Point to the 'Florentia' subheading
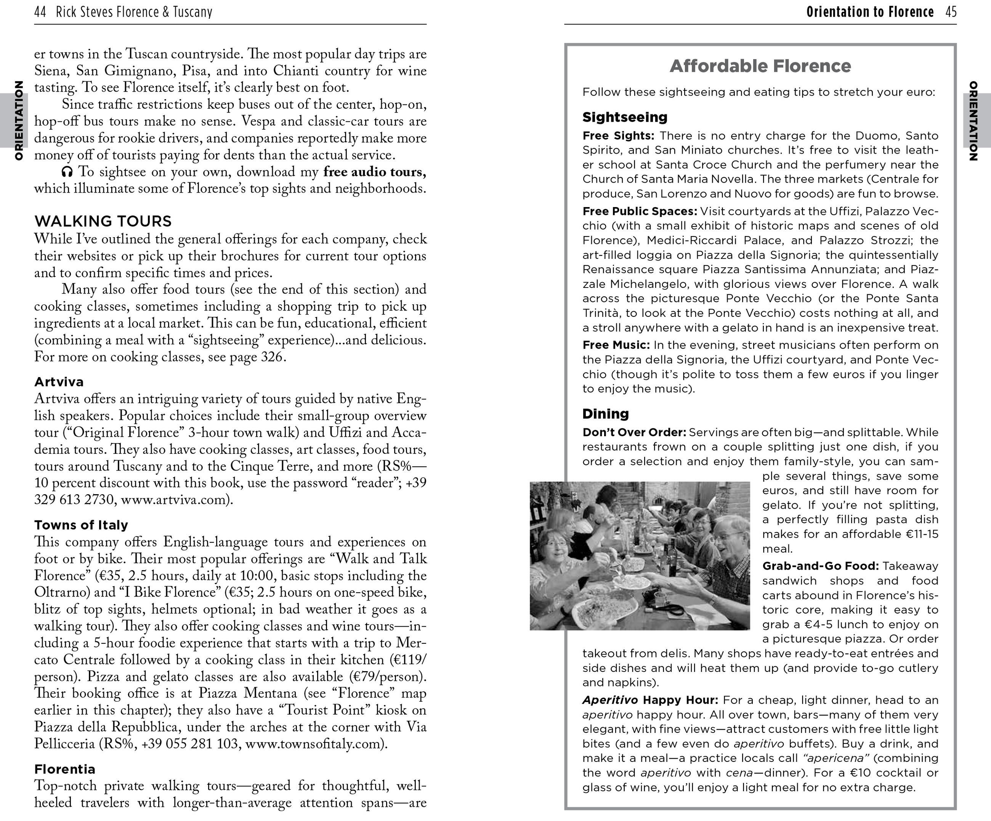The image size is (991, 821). (x=65, y=769)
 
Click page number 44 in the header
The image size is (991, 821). (x=40, y=12)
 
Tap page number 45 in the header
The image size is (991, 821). (x=951, y=12)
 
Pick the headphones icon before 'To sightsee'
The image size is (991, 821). (x=67, y=172)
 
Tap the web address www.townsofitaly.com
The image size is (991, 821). (x=313, y=744)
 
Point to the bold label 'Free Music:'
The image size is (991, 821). (x=616, y=345)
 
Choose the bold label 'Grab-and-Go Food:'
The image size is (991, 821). (x=820, y=566)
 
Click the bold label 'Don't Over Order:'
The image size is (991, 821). (x=634, y=432)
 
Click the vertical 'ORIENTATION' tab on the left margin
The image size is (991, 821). (x=19, y=120)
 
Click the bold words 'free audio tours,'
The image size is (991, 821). (x=374, y=172)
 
